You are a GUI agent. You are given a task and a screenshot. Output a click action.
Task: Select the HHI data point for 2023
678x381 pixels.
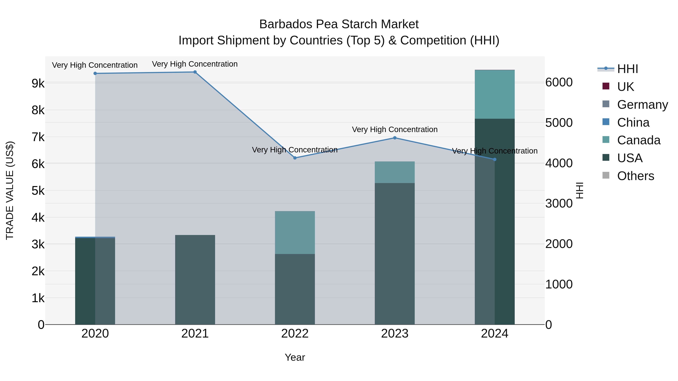pyautogui.click(x=395, y=138)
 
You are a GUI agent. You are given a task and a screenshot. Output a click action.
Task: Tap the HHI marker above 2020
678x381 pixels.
pyautogui.click(x=95, y=73)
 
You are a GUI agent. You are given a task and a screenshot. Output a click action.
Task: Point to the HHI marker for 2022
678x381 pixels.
pyautogui.click(x=295, y=158)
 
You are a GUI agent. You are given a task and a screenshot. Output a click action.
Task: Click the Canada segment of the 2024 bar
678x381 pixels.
pyautogui.click(x=495, y=94)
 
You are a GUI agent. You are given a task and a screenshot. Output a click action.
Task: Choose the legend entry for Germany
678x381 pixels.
pyautogui.click(x=642, y=104)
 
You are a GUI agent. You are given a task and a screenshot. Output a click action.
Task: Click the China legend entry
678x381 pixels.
pyautogui.click(x=633, y=122)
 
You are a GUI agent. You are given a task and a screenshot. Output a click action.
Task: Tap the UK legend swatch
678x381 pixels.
pyautogui.click(x=606, y=86)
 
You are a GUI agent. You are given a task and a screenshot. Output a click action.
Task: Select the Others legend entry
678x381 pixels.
pyautogui.click(x=635, y=176)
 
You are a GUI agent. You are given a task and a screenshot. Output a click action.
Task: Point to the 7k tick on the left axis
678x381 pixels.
pyautogui.click(x=38, y=137)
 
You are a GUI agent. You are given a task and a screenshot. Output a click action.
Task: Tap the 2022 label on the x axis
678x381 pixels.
pyautogui.click(x=295, y=334)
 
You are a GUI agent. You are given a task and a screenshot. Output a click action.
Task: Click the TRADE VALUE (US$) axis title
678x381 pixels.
pyautogui.click(x=10, y=190)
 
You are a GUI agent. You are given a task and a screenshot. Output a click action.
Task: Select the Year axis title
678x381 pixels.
pyautogui.click(x=295, y=357)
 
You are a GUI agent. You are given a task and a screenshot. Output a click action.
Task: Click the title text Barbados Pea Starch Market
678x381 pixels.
pyautogui.click(x=339, y=24)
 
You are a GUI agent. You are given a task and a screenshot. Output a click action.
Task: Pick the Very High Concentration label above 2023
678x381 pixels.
pyautogui.click(x=395, y=129)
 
